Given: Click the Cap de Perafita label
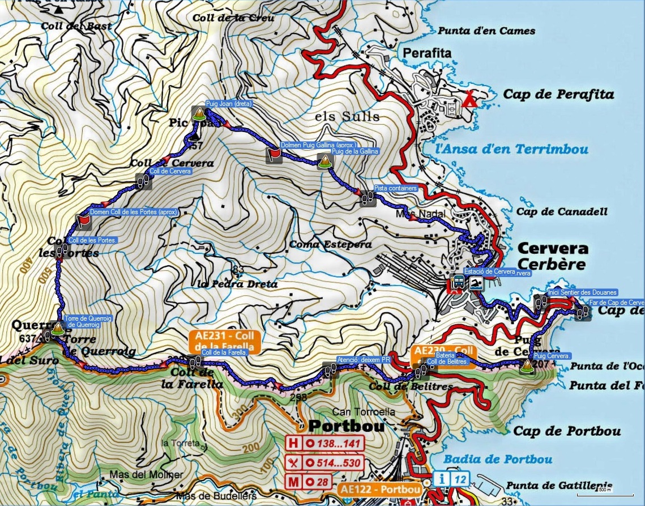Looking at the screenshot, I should pyautogui.click(x=558, y=95).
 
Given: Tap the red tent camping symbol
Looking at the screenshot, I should pyautogui.click(x=469, y=100).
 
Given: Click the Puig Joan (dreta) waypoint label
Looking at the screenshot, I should pyautogui.click(x=228, y=104).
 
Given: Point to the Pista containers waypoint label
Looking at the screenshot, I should pyautogui.click(x=396, y=188).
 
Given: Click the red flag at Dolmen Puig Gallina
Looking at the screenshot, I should pyautogui.click(x=274, y=155).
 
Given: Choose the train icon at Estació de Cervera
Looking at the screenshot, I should pyautogui.click(x=458, y=282).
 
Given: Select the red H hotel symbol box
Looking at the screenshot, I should pyautogui.click(x=293, y=443).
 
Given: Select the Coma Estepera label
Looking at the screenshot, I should pyautogui.click(x=330, y=245).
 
